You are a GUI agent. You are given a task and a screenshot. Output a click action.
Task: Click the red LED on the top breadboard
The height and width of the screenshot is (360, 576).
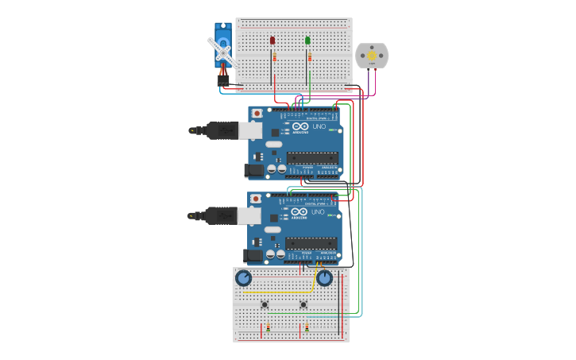pos(273,40)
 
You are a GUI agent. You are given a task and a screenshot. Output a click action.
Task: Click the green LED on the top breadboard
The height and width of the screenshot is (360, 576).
pos(307,40)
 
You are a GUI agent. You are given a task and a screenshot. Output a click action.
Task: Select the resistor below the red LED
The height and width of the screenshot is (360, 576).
pos(274,56)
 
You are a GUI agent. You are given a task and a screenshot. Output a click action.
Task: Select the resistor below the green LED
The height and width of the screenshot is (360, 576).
pos(309,56)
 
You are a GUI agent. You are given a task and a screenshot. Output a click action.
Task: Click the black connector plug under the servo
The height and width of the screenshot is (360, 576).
pos(223,80)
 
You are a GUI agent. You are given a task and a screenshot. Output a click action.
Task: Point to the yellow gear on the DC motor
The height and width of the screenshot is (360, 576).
pos(371,56)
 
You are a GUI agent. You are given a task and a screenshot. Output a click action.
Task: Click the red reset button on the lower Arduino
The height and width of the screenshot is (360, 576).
pos(256,199)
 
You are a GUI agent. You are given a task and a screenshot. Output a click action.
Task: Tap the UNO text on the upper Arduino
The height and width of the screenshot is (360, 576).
pos(318,127)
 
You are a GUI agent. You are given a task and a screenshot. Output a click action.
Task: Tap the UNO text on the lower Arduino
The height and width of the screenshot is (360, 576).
pos(317,212)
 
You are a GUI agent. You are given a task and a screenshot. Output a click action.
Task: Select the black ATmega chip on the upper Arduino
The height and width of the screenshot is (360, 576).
pos(312,158)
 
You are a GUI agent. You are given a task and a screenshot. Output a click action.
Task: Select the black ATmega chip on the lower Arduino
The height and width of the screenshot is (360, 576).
pos(311,242)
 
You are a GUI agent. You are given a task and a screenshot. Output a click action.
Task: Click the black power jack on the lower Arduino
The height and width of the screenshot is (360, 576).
pos(254,255)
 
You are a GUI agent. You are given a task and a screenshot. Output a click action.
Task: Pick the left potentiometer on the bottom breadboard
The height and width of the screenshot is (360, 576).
pos(243,278)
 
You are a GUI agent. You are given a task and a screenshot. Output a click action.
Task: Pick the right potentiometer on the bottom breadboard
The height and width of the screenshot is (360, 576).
pos(324,278)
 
